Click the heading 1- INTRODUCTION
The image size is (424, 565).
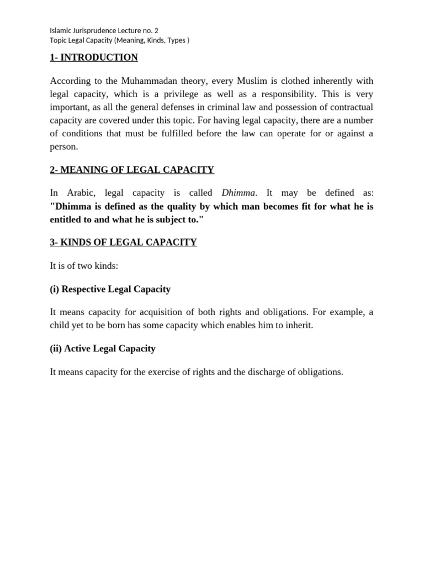coord(93,57)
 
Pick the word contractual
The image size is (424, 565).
coord(348,107)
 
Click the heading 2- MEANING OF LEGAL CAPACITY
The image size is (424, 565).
coord(132,169)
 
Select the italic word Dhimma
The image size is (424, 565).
coord(239,193)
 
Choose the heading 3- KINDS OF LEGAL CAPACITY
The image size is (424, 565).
coord(123,242)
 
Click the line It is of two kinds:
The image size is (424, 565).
coord(84,266)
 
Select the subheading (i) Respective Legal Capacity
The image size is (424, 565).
coord(110,289)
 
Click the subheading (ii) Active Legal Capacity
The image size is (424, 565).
coord(102,348)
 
